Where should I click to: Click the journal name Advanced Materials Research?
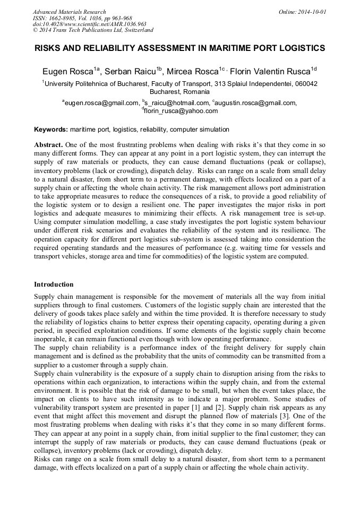coord(69,12)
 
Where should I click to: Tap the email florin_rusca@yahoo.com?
coord(181,111)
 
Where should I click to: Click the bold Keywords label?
coord(51,130)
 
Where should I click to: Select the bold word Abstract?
coord(49,145)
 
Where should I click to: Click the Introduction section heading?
coord(54,284)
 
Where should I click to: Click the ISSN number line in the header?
coord(82,18)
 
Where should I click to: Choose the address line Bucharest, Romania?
coord(180,91)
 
